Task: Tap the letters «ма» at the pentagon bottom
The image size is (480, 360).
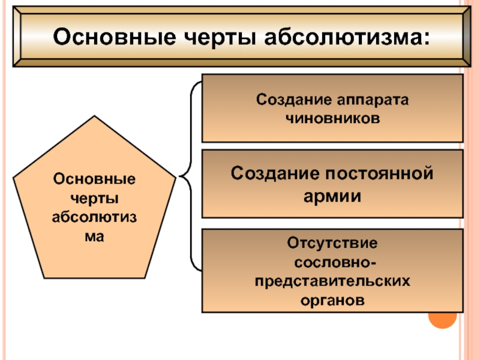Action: [x=94, y=236]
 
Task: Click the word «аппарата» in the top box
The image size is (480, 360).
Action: [x=368, y=99]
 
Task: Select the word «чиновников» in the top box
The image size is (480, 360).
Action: [x=333, y=118]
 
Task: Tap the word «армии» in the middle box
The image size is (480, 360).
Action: [x=333, y=196]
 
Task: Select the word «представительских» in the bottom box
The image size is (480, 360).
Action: [x=333, y=280]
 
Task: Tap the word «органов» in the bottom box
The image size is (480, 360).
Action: [x=333, y=299]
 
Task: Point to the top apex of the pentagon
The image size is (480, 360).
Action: [x=94, y=116]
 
